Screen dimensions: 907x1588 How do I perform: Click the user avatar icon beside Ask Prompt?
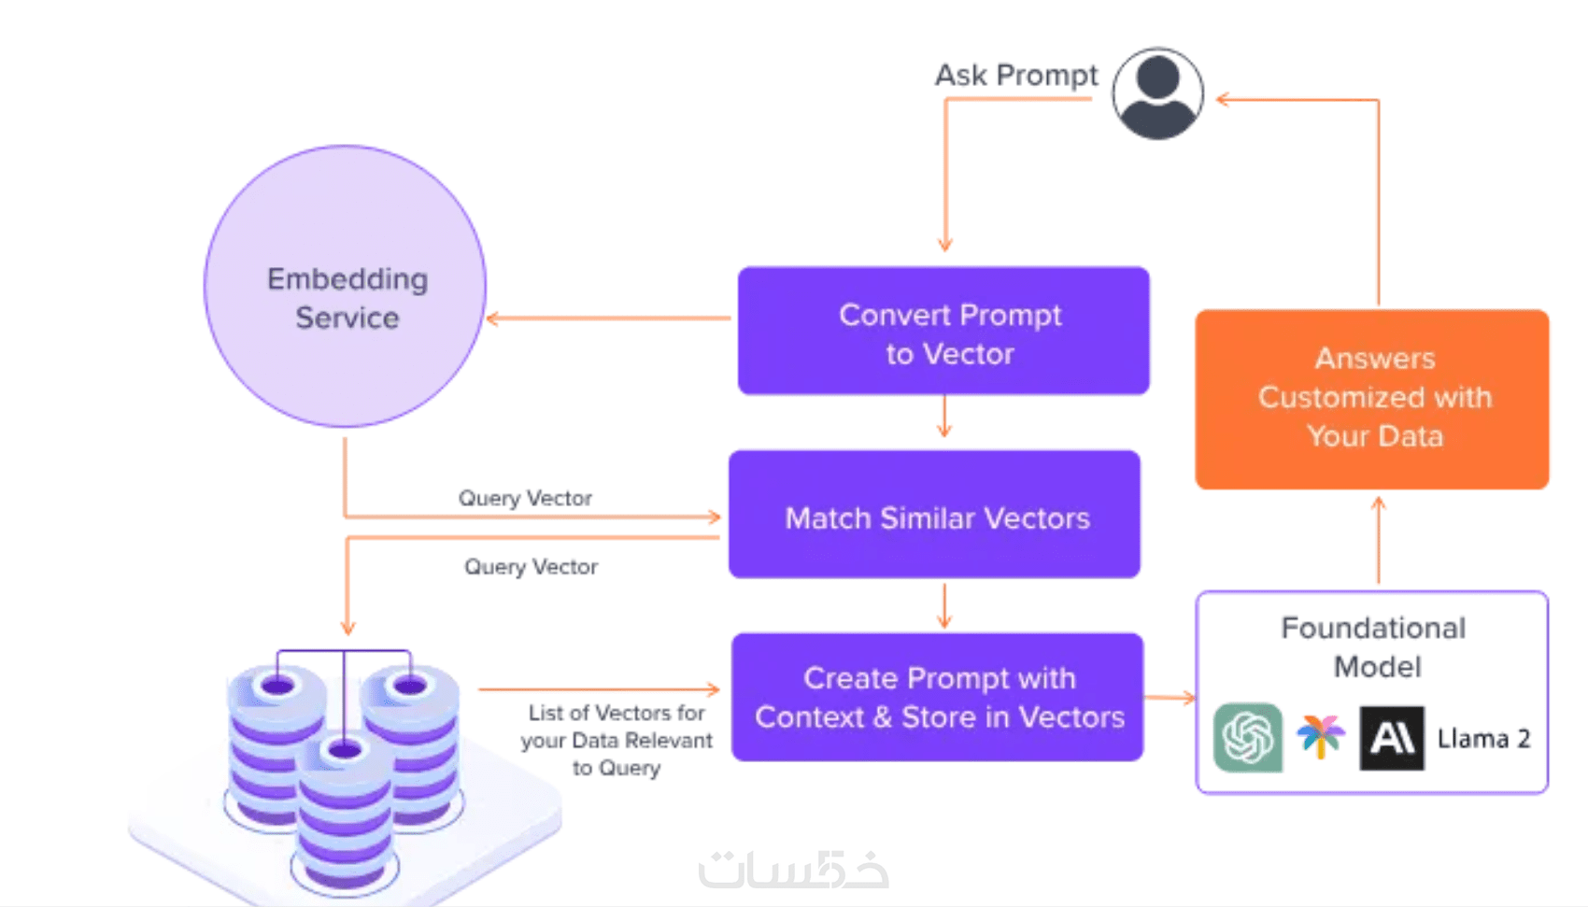click(1157, 94)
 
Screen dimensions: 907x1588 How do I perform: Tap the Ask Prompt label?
click(1016, 75)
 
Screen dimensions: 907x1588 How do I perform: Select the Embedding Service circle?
click(346, 287)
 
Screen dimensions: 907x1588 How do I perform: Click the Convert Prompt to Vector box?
click(943, 332)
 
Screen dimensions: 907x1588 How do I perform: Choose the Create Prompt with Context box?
click(938, 698)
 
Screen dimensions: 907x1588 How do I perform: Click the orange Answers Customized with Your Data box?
click(1372, 399)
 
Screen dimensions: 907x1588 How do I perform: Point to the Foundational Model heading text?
click(1374, 646)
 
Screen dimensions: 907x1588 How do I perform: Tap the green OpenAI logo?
click(1248, 738)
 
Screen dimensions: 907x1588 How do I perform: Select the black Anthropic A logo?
click(1392, 738)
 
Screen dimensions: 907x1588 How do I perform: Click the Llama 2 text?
click(1483, 739)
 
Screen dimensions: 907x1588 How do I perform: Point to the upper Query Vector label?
click(525, 498)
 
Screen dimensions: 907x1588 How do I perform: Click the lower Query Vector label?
click(531, 567)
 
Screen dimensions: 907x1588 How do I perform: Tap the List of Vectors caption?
click(617, 740)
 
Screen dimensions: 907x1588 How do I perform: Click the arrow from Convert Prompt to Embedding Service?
click(607, 319)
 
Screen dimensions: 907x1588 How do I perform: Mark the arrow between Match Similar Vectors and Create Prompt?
click(943, 606)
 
